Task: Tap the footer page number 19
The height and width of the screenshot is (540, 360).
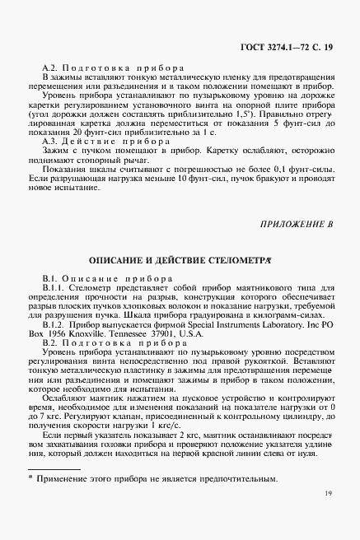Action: coord(328,518)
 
